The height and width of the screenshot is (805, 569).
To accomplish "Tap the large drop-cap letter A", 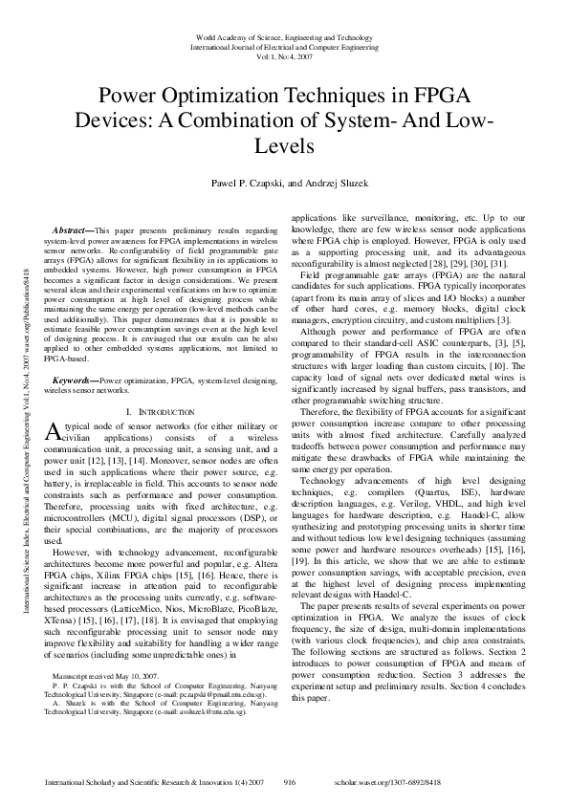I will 54,431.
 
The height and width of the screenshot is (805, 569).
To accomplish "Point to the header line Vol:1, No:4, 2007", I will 283,56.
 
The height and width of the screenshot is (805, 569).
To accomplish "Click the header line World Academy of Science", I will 283,37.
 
